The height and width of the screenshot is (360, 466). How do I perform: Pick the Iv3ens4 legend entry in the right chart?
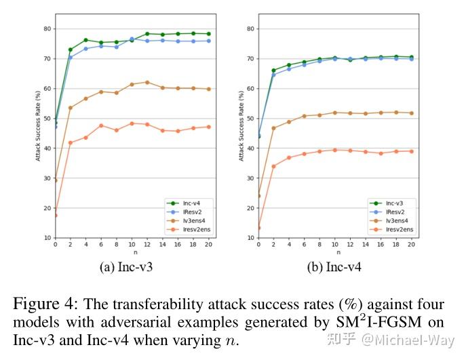click(x=397, y=220)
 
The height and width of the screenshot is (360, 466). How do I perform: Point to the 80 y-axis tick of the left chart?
click(x=46, y=28)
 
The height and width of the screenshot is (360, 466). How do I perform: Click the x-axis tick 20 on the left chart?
click(x=208, y=243)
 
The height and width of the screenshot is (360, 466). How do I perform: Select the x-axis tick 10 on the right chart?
click(x=335, y=243)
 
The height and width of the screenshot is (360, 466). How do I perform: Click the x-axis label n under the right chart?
click(x=335, y=252)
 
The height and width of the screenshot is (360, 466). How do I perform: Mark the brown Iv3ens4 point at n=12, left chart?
click(x=147, y=82)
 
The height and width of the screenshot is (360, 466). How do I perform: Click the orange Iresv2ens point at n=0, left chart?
click(x=55, y=215)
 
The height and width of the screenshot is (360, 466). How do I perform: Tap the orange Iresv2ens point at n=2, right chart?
click(x=273, y=166)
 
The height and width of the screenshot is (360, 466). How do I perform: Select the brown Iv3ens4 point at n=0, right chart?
click(x=258, y=196)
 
